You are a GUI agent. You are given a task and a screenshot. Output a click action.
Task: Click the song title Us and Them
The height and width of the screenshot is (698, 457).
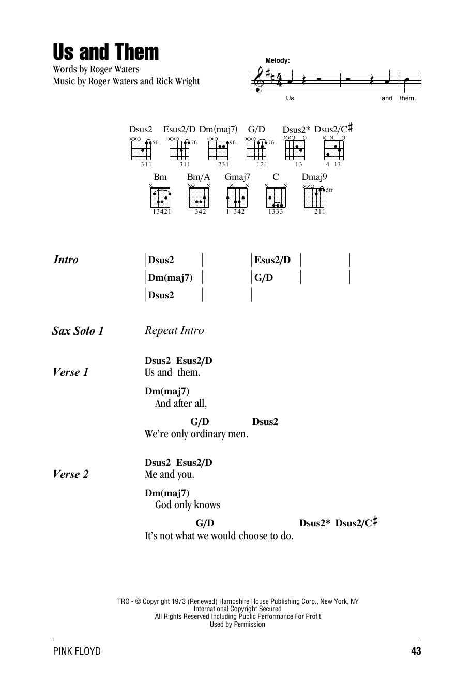tap(106, 53)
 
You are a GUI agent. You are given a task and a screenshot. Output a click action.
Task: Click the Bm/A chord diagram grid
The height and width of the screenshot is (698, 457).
tap(199, 197)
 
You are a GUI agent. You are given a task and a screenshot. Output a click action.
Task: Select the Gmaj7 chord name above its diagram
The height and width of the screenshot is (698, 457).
tap(237, 177)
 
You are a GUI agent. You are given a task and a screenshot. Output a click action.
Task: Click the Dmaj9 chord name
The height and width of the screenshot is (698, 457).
tap(314, 177)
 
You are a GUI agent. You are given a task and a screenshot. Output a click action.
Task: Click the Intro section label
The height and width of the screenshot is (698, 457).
tap(66, 260)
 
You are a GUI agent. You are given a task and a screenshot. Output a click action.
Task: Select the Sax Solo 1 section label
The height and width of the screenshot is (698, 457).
tap(78, 331)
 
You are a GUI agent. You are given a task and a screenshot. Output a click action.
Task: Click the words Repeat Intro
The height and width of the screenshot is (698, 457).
tap(174, 330)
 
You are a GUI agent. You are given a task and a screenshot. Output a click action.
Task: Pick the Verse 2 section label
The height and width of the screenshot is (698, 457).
tap(71, 474)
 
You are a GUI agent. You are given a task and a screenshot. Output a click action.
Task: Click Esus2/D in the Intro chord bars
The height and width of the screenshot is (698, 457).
tap(272, 260)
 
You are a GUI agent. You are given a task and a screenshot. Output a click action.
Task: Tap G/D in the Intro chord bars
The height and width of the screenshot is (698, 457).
tap(264, 278)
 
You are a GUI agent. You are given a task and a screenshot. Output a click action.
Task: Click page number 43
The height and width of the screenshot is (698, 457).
tap(416, 651)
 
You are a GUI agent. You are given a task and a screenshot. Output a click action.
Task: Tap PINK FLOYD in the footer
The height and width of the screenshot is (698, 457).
tap(77, 651)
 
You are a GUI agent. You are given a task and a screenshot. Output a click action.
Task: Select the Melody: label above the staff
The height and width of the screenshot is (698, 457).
tap(278, 60)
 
